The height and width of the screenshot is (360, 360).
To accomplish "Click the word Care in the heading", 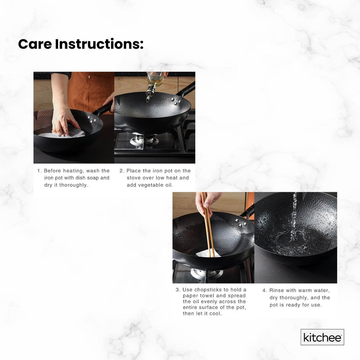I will [x=35, y=44].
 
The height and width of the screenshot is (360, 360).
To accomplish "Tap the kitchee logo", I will [x=322, y=337].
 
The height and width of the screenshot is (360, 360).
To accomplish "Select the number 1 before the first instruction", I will [x=39, y=171].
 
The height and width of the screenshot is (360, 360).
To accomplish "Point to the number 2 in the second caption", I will [x=121, y=171].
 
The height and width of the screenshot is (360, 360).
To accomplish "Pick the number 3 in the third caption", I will [x=178, y=289].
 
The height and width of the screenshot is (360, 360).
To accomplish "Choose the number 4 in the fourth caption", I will [x=265, y=290].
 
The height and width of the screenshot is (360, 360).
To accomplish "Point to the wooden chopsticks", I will [x=207, y=225].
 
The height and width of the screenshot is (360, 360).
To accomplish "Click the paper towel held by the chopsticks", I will [x=208, y=253].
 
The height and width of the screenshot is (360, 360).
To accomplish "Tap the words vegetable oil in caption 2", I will [x=157, y=185].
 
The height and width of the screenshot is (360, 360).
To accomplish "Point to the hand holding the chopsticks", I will [x=208, y=201].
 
